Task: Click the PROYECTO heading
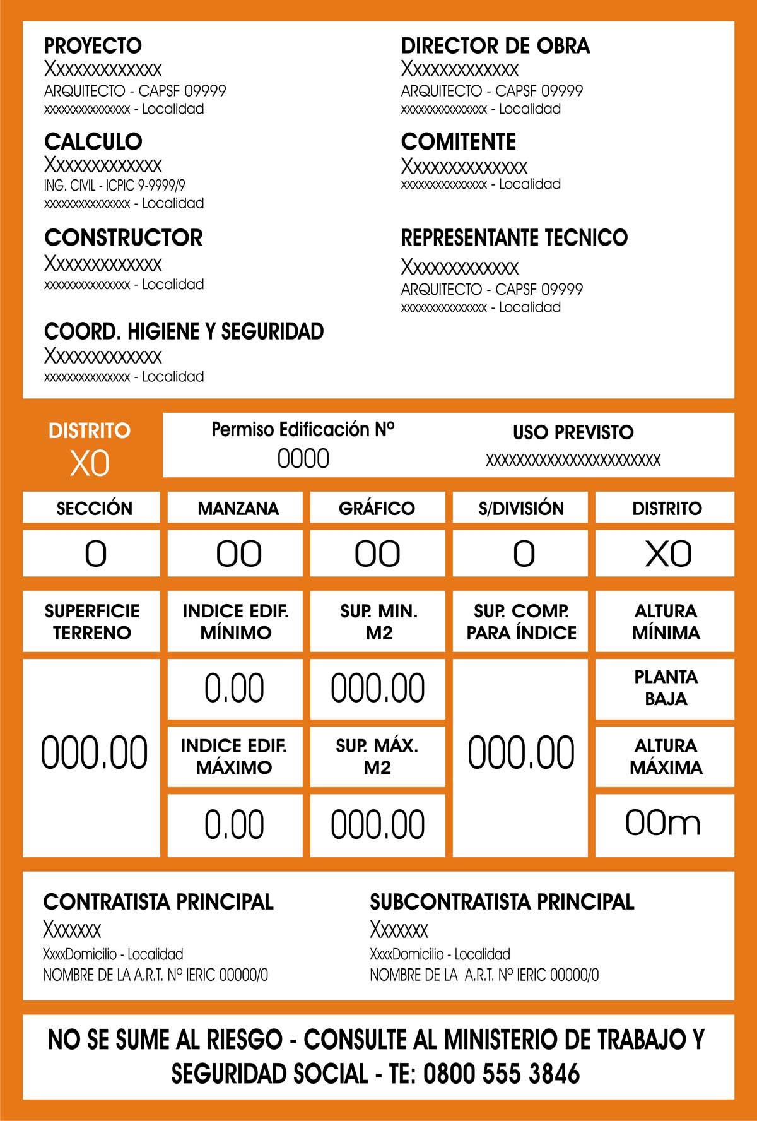pos(93,45)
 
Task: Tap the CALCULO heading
pos(93,141)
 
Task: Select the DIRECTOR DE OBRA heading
pos(495,45)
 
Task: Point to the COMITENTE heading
pos(458,141)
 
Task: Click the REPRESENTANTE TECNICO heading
pos(514,238)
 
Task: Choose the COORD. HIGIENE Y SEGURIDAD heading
pos(184,331)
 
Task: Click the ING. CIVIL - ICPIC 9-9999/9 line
pos(114,186)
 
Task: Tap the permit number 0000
pos(303,459)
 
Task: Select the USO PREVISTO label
pos(573,432)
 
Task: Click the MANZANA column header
pos(238,508)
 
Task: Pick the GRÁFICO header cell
pos(377,508)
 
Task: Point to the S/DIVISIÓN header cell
pos(520,508)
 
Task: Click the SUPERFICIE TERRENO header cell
pos(92,621)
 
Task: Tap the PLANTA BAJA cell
pos(666,688)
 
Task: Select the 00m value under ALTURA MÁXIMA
pos(663,823)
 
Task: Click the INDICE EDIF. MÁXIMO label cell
pos(234,756)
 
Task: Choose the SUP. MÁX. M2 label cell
pos(377,756)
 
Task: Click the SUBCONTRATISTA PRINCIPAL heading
pos(502,901)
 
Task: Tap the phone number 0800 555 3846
pos(502,1073)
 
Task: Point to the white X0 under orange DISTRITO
pos(90,464)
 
